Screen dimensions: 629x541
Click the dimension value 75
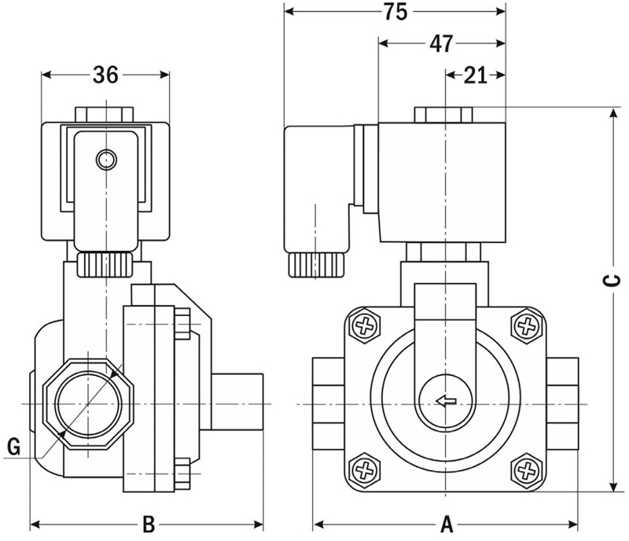pos(395,12)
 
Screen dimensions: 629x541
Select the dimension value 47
pos(441,43)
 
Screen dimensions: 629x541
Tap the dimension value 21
pos(476,75)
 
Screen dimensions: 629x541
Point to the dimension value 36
pos(105,75)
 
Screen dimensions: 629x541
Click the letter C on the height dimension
pos(612,281)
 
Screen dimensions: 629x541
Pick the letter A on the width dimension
pos(447,524)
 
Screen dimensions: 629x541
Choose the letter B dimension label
pos(149,524)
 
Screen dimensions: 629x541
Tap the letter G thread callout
pos(14,447)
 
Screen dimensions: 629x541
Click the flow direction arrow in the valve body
pos(446,400)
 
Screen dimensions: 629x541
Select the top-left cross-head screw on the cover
pos(365,326)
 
